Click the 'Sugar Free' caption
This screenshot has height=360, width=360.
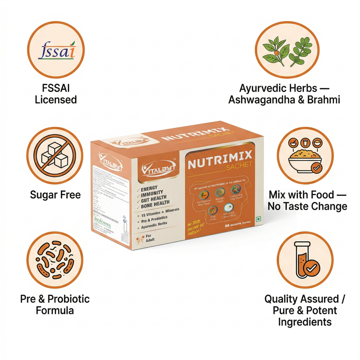coord(55,195)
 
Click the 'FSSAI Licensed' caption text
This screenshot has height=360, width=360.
coord(56,94)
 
